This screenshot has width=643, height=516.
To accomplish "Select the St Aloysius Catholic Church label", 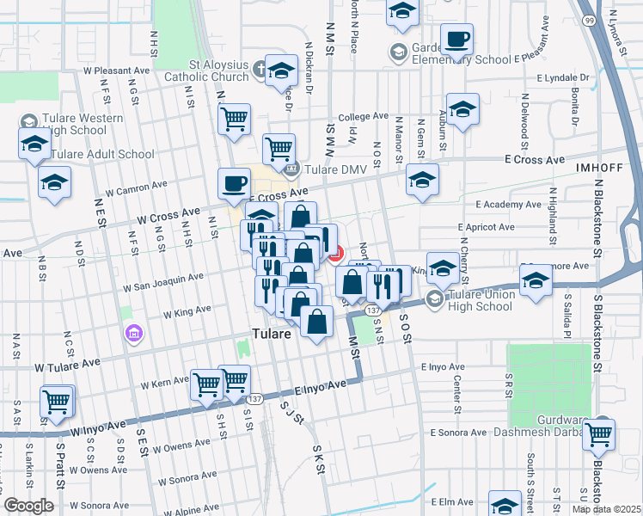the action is tap(206, 71).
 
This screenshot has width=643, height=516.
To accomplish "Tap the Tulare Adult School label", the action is tap(102, 155).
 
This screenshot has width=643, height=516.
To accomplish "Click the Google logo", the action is tap(29, 506).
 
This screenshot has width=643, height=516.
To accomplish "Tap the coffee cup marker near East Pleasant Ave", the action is tap(456, 39).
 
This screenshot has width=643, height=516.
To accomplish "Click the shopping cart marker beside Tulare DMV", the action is tap(279, 149).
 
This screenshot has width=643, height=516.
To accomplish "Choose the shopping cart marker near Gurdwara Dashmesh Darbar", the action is tap(599, 433).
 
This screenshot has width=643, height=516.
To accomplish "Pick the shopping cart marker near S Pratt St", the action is tap(56, 402).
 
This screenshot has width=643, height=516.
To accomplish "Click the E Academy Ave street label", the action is tap(509, 205).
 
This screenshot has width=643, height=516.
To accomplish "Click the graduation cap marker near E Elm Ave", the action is tap(505, 503).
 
